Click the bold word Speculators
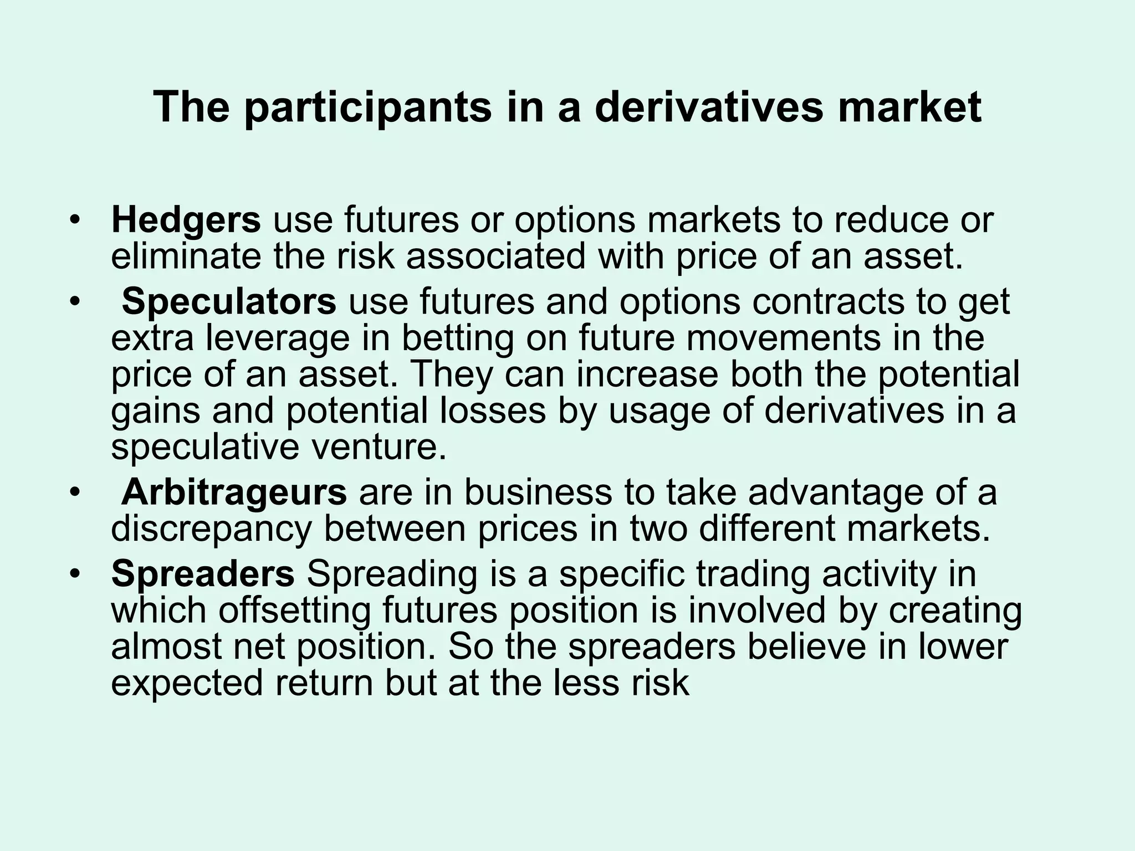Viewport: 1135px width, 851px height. (x=229, y=301)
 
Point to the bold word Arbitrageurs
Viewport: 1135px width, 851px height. (x=234, y=492)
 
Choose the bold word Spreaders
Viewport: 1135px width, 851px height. (x=203, y=573)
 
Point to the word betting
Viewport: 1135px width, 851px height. (x=458, y=338)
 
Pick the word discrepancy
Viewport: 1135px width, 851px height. (x=212, y=529)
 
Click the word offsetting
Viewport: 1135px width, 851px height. (x=294, y=610)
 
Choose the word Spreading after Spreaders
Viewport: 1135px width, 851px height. (x=392, y=574)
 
